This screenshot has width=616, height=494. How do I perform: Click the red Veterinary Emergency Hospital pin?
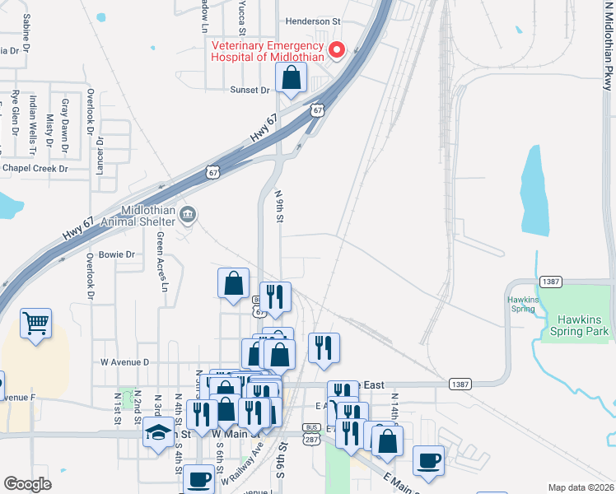click(337, 51)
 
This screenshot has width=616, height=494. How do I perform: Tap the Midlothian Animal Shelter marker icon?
click(188, 216)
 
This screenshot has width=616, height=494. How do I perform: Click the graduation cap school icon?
click(156, 433)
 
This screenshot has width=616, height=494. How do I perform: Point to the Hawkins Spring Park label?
click(582, 325)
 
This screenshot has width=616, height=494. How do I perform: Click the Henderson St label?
click(313, 21)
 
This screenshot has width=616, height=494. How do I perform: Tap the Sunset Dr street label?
click(250, 90)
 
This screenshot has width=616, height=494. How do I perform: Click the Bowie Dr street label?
click(116, 254)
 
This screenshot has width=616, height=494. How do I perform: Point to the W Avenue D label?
click(124, 361)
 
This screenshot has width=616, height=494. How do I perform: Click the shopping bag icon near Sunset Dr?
click(292, 78)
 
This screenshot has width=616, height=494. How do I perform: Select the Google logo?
click(27, 484)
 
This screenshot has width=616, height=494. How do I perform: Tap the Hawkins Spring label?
click(522, 304)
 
